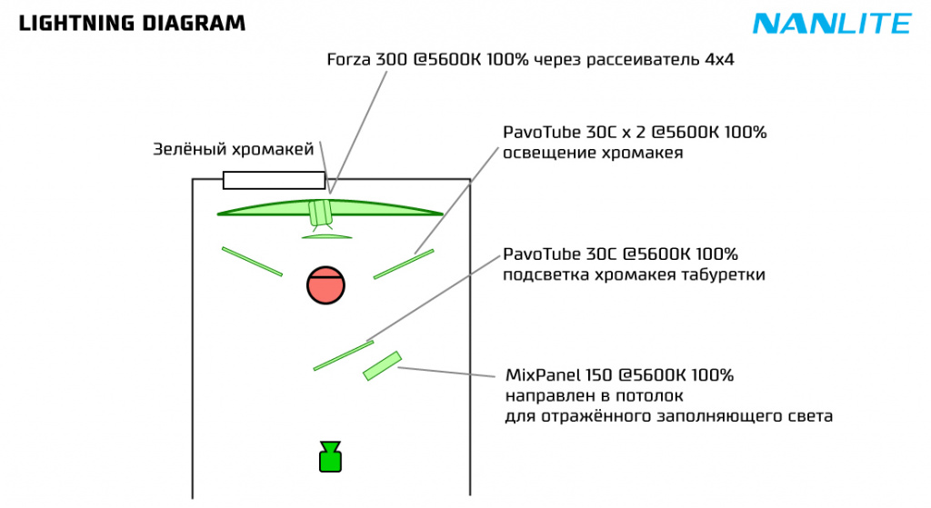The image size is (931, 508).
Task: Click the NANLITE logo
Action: tap(831, 23)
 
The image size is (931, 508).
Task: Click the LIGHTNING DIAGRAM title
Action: tap(132, 23)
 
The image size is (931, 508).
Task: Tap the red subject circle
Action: tap(325, 284)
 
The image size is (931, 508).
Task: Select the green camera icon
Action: tap(330, 456)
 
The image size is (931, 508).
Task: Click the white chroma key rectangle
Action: tap(275, 180)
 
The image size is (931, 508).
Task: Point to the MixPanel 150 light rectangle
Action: tap(383, 365)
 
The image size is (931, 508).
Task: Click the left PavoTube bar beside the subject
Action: tap(252, 262)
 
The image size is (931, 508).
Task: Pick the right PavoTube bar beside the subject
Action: tap(404, 264)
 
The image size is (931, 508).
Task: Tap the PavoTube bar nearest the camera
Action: tap(343, 355)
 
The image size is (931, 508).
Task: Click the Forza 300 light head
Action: tap(321, 213)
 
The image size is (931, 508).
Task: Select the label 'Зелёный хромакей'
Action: tap(234, 149)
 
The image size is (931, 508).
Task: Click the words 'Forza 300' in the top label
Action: tap(367, 59)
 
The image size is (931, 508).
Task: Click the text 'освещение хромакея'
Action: tap(593, 153)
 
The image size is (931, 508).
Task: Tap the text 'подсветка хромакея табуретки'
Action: tap(634, 274)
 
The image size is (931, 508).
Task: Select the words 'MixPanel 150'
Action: tap(559, 375)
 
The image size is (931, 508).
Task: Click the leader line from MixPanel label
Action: tap(446, 372)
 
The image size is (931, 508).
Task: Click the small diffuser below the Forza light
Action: tap(326, 237)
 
